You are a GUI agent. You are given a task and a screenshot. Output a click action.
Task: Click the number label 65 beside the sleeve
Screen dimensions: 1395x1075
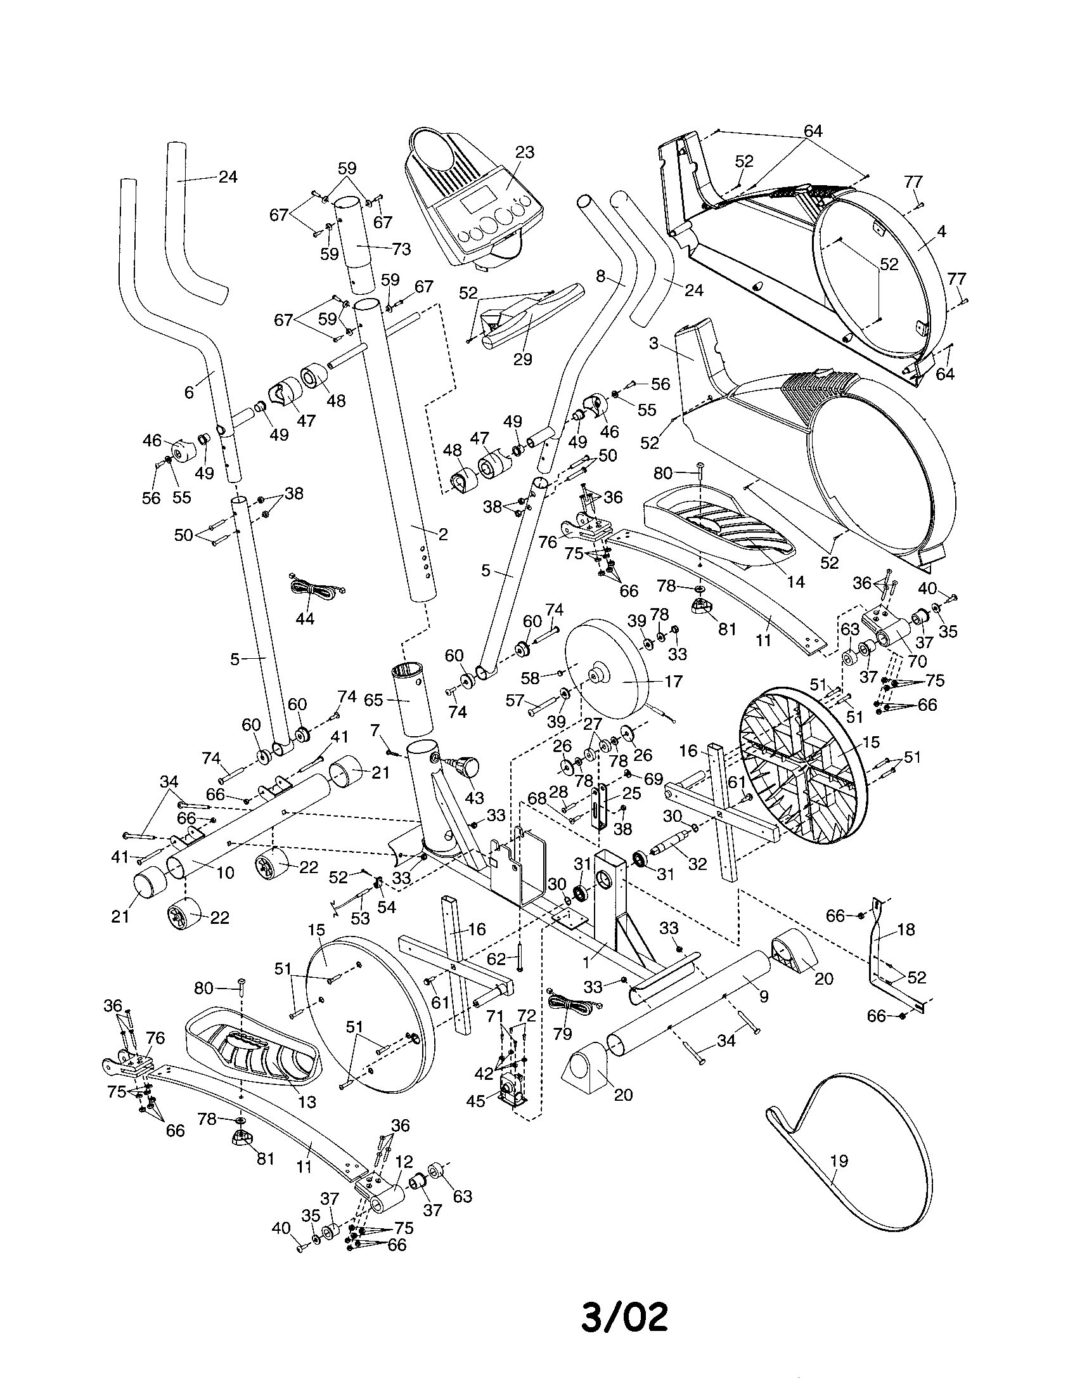373,700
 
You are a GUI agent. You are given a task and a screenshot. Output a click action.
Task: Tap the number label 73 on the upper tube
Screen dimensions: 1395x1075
401,249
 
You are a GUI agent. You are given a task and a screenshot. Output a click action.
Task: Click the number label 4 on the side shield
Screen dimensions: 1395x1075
942,231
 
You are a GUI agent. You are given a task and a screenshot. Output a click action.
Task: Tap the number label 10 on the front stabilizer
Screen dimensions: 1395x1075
226,872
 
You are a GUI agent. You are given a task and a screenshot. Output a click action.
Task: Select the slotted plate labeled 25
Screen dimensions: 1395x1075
600,808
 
